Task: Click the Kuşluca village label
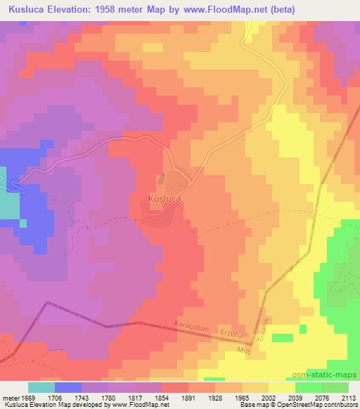tap(166, 200)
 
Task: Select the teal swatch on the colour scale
tap(41, 387)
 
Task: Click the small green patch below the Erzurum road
tap(282, 338)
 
